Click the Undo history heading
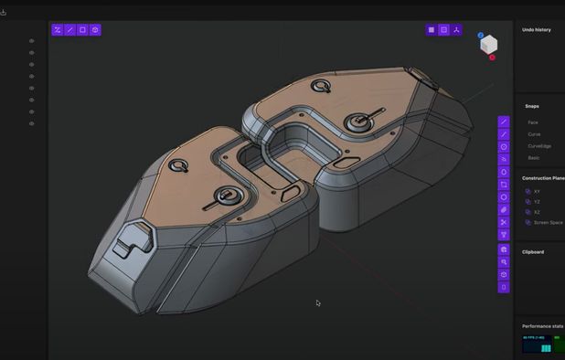[536, 30]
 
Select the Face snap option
[533, 122]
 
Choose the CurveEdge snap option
[538, 145]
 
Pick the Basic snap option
[534, 157]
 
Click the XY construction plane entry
[537, 191]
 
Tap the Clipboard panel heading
[532, 251]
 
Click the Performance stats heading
[542, 326]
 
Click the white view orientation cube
[489, 45]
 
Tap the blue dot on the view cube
[480, 36]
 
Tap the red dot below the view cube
[492, 58]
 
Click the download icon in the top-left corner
[4, 13]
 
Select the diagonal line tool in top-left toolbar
[69, 30]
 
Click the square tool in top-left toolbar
[82, 30]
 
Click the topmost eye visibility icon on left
[31, 41]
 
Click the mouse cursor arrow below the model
[318, 303]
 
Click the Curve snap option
[534, 134]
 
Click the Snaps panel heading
[531, 106]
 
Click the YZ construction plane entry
[537, 201]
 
